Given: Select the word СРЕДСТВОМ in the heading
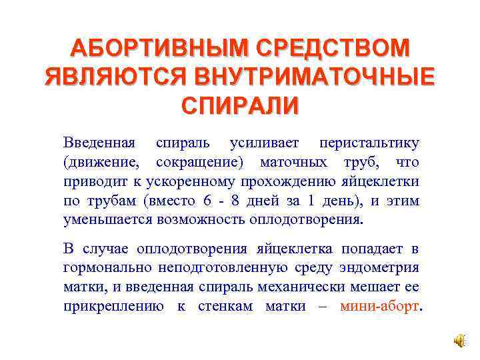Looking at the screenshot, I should click(329, 48).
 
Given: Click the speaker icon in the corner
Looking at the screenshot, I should click(459, 341).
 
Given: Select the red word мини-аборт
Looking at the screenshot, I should click(380, 307).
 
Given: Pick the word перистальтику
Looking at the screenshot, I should click(369, 143).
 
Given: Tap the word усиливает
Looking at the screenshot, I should click(265, 143).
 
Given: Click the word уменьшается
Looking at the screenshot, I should click(106, 219).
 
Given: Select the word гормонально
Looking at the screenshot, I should click(107, 268).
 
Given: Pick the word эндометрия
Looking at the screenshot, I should click(379, 268).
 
